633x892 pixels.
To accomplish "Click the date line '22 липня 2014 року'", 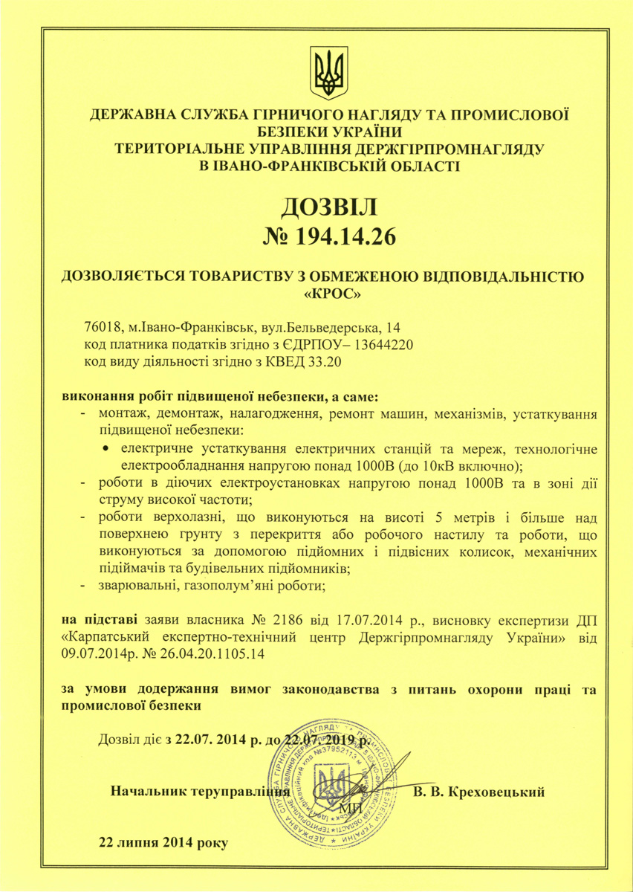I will click(164, 843).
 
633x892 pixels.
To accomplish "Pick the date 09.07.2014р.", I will click(97, 654).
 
